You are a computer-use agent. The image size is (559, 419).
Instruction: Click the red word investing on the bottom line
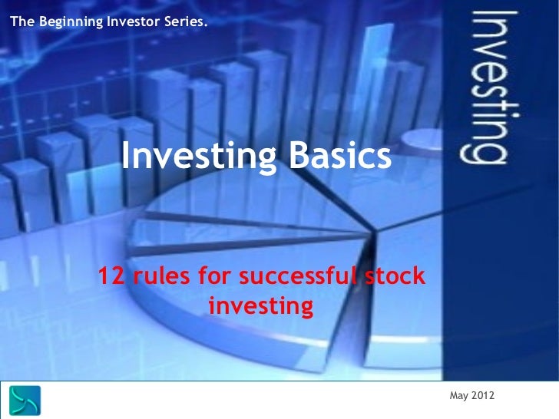click(260, 307)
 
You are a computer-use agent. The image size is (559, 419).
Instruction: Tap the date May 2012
click(472, 395)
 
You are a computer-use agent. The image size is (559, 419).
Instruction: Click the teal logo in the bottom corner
click(25, 401)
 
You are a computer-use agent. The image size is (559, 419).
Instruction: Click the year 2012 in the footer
click(483, 395)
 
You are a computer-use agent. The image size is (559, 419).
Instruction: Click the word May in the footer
click(458, 395)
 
